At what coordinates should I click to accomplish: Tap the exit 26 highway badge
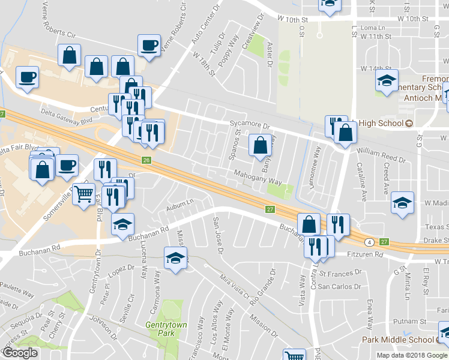146,160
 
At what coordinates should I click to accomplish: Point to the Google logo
20,353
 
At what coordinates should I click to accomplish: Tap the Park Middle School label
400,340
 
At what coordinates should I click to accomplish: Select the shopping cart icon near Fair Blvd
84,194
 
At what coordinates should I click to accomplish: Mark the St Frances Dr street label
340,272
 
